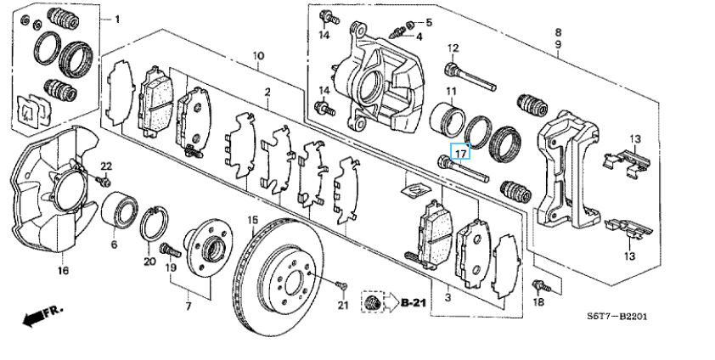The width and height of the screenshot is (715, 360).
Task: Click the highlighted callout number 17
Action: tap(460, 151)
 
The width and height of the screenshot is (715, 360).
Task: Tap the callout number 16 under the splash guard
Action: tap(64, 271)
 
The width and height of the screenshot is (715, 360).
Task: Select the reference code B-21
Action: tap(414, 301)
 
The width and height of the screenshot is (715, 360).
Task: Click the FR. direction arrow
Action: tap(42, 315)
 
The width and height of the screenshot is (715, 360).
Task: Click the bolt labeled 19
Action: tap(170, 250)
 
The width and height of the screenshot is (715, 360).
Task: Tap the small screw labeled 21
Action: tap(342, 286)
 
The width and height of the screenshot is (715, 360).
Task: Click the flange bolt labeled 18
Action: tap(542, 287)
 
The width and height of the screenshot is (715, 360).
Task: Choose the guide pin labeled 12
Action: tap(470, 78)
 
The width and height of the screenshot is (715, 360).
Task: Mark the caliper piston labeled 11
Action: tap(448, 121)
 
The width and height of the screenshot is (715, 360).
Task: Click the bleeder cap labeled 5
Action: tap(409, 23)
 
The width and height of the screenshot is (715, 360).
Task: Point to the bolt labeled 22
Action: tap(103, 182)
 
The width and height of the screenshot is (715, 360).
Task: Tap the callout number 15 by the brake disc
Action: tap(253, 222)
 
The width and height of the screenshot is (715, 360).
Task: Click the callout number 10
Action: tap(258, 57)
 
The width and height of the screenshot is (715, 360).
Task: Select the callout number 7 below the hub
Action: tap(189, 307)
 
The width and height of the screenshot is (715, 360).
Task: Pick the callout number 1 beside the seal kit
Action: tap(117, 20)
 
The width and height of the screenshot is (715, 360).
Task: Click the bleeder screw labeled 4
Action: tap(398, 32)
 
